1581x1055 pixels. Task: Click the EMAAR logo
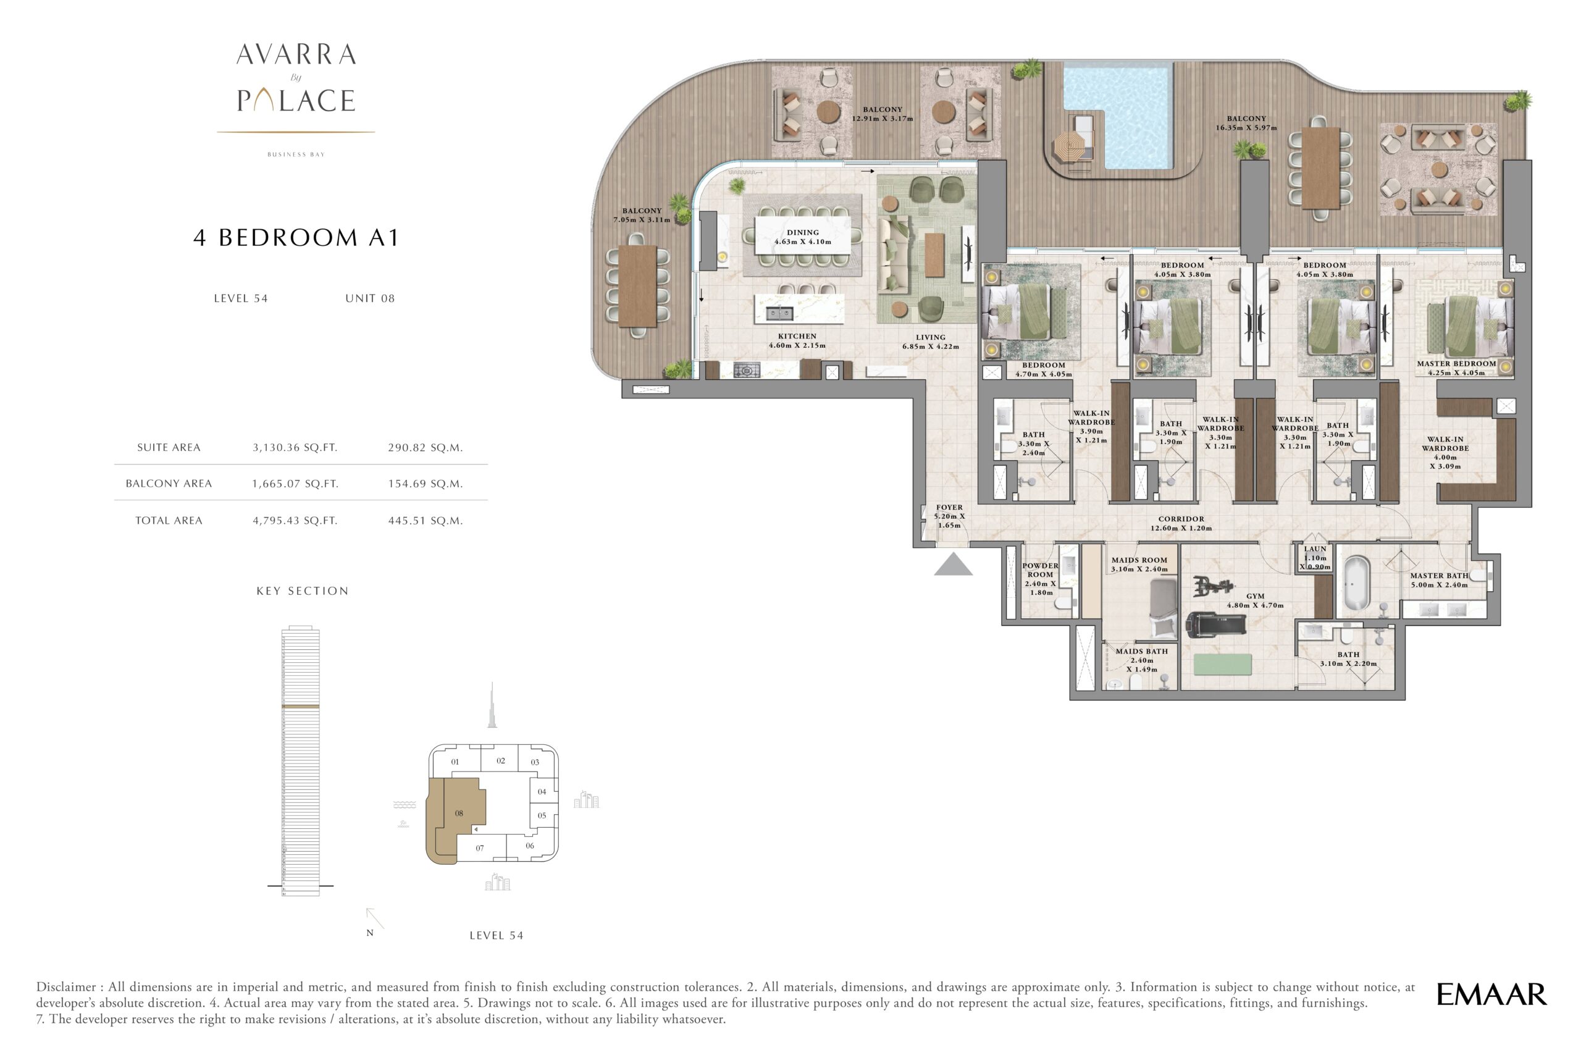pyautogui.click(x=1491, y=994)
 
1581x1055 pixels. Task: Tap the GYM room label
pyautogui.click(x=1255, y=596)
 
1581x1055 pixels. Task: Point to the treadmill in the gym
pyautogui.click(x=1215, y=624)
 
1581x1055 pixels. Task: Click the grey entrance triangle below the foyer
pyautogui.click(x=953, y=565)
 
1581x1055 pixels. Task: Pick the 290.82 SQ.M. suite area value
pyautogui.click(x=425, y=447)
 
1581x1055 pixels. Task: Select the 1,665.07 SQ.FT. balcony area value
pyautogui.click(x=295, y=484)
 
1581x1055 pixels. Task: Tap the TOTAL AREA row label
pyautogui.click(x=169, y=520)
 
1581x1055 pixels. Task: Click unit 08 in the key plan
pyautogui.click(x=459, y=813)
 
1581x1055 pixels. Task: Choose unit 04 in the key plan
pyautogui.click(x=542, y=791)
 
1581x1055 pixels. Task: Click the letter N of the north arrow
pyautogui.click(x=369, y=933)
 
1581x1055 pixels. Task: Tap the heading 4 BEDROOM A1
pyautogui.click(x=296, y=238)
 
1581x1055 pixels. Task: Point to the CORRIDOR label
pyautogui.click(x=1181, y=519)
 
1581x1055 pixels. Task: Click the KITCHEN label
pyautogui.click(x=797, y=336)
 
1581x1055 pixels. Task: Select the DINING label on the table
pyautogui.click(x=803, y=232)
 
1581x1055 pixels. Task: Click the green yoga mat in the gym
pyautogui.click(x=1222, y=665)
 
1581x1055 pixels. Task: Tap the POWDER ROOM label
pyautogui.click(x=1040, y=570)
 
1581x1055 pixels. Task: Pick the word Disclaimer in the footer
pyautogui.click(x=66, y=987)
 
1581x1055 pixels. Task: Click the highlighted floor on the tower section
pyautogui.click(x=300, y=707)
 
